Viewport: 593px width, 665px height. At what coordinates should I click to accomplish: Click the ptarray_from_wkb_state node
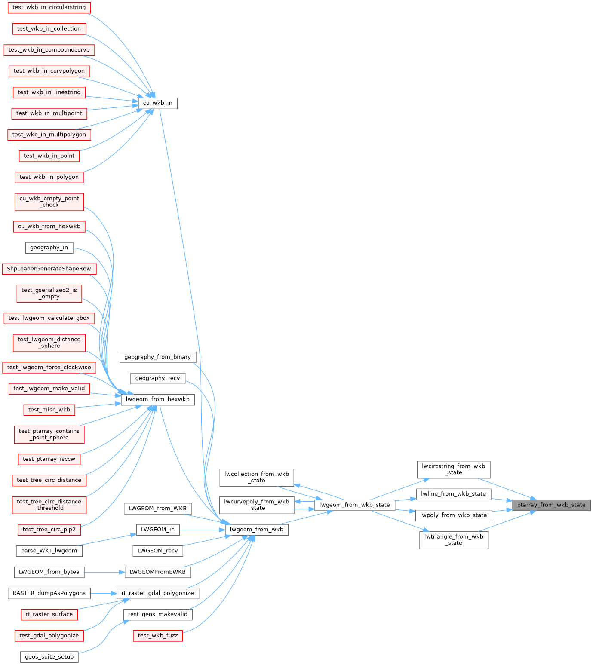click(551, 505)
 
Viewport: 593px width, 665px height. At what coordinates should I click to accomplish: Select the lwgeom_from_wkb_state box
click(354, 505)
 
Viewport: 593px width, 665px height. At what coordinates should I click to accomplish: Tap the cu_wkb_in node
click(157, 103)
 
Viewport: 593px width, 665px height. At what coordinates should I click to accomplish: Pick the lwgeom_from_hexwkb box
click(158, 399)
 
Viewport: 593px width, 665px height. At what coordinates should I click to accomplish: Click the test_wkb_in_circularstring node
click(49, 7)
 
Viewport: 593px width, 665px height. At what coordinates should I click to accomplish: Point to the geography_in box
click(49, 248)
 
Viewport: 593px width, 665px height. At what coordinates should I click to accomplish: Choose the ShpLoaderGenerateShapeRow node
click(49, 269)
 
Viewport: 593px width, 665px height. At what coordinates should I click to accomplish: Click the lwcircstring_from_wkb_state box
click(453, 469)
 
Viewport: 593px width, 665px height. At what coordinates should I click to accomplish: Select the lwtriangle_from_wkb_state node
click(453, 540)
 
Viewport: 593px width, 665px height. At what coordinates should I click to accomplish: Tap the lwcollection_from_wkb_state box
click(256, 478)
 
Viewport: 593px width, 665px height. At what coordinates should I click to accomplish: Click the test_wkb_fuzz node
click(158, 635)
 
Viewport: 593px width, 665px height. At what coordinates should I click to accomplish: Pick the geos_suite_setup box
click(49, 657)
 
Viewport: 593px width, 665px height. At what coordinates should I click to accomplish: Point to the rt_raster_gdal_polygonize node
click(158, 593)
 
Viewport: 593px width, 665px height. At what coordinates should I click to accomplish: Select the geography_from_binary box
click(158, 357)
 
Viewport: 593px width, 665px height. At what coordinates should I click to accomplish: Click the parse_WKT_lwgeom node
click(49, 551)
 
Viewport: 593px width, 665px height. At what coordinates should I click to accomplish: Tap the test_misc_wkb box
click(49, 410)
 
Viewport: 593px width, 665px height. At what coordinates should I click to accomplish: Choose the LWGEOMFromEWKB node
click(158, 572)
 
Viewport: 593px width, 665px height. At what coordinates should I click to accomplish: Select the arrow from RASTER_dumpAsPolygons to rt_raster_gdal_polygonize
click(104, 593)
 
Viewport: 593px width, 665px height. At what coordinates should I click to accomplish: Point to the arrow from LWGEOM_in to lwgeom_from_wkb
click(202, 530)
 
